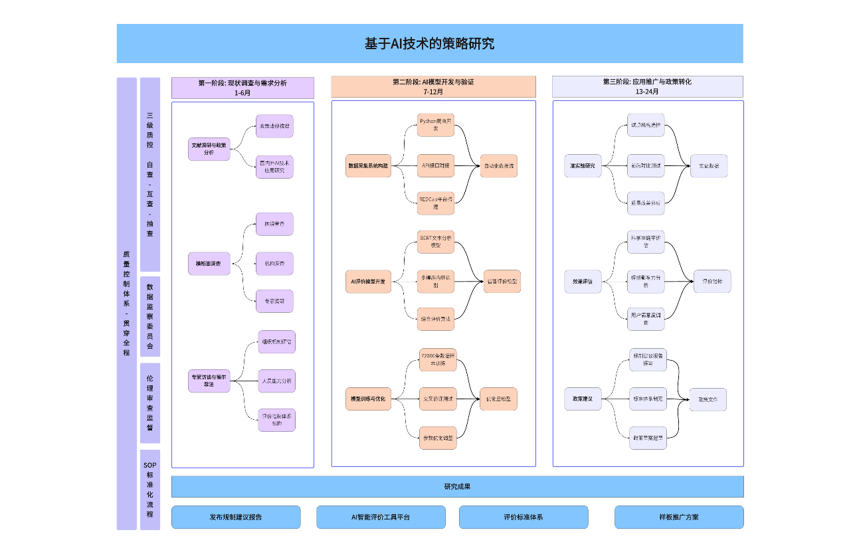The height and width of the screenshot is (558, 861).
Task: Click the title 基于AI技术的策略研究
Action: [x=429, y=44]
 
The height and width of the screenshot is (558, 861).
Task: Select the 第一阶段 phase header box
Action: [x=242, y=88]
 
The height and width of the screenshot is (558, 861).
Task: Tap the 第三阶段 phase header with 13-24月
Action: [x=647, y=87]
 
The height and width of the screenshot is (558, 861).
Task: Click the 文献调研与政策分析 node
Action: [x=209, y=148]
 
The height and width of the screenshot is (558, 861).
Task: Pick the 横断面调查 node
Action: [x=209, y=264]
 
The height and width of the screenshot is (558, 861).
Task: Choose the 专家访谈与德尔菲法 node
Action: [x=209, y=380]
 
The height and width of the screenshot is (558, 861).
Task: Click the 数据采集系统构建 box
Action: [x=368, y=165]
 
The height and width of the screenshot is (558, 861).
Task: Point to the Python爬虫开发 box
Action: [x=436, y=125]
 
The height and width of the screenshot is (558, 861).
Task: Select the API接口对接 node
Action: [x=436, y=165]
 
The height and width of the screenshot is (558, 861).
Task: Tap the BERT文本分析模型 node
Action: [x=436, y=241]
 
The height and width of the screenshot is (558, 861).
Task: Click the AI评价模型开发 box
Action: [x=368, y=281]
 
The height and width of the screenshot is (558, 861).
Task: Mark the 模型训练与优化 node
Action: [x=368, y=399]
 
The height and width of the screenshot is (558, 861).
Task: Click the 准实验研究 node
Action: [x=583, y=165]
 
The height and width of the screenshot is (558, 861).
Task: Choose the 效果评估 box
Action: [x=583, y=281]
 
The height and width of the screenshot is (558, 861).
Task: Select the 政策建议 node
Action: [x=583, y=399]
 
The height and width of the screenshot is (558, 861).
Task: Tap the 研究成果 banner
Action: [x=457, y=486]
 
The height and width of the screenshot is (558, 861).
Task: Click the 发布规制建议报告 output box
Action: [x=236, y=517]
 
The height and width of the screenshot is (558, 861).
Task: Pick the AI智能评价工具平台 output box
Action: [x=381, y=517]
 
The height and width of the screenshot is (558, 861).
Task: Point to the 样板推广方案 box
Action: [x=678, y=517]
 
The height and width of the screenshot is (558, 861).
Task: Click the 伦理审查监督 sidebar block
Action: [x=150, y=403]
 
